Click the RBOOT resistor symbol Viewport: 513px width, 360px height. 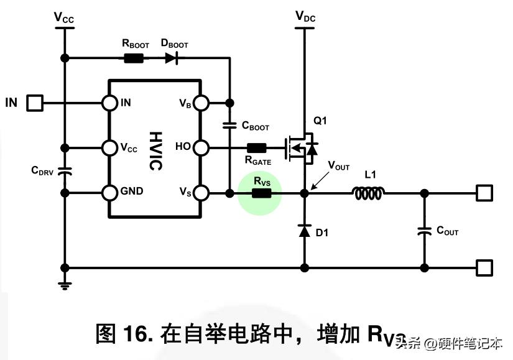[134, 58]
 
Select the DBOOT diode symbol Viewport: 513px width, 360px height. [172, 58]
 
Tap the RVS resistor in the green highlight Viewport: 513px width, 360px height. [261, 193]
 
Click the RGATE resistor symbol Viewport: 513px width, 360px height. [256, 148]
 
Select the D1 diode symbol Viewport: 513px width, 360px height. [304, 231]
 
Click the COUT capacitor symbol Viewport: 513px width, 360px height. [424, 231]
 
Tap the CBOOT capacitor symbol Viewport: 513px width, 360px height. [229, 125]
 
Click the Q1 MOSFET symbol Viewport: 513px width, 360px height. [301, 147]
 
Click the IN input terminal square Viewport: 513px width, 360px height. [34, 103]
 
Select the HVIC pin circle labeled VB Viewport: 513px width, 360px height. [200, 103]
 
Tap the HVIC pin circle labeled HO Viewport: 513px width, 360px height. [200, 147]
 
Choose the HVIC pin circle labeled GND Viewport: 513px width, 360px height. [110, 193]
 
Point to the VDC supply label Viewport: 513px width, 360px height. [304, 17]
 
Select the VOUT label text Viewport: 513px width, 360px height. [339, 167]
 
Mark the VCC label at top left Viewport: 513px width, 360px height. [63, 17]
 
